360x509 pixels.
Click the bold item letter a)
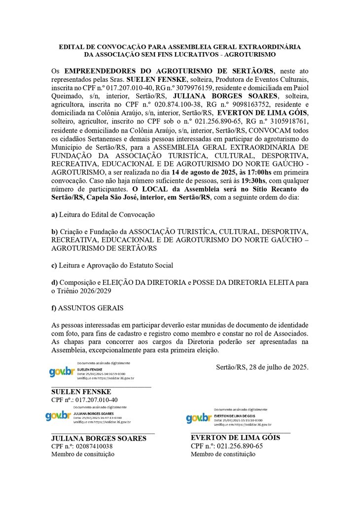[x=54, y=214]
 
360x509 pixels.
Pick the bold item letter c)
[x=54, y=265]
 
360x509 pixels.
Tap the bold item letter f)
[x=54, y=308]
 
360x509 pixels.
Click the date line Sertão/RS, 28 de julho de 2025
[x=262, y=367]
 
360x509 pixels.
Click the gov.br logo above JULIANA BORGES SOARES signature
[x=58, y=416]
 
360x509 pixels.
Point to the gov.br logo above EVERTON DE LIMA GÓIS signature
[x=199, y=418]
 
